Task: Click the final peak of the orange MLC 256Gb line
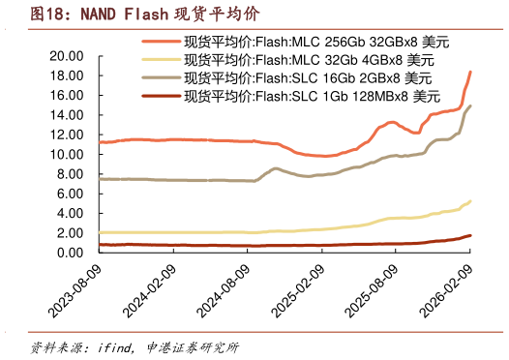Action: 470,72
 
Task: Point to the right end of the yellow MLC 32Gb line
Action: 470,201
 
